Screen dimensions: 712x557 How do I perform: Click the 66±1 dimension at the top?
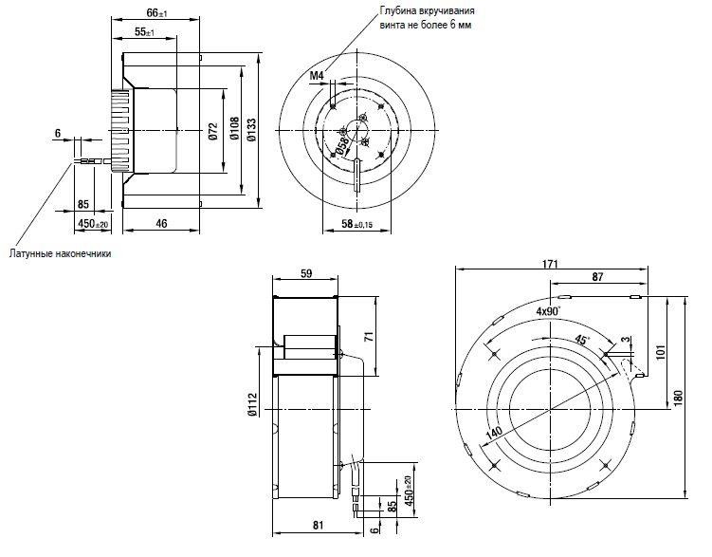(156, 12)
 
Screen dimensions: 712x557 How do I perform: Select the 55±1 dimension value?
(144, 32)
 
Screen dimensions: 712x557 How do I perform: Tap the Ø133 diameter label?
(251, 129)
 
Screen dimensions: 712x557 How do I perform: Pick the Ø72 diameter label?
(213, 131)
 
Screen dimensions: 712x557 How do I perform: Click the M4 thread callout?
(317, 75)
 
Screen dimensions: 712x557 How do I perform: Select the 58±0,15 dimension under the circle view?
(356, 224)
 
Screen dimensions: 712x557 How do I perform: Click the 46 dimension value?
(162, 223)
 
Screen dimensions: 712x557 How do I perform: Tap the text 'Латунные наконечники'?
(60, 253)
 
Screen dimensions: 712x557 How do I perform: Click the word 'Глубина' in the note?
(398, 10)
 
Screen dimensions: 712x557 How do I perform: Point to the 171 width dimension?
(550, 264)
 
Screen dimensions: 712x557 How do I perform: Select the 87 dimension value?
(598, 277)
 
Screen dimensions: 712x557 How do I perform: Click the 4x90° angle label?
(548, 311)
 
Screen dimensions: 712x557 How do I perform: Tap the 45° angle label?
(582, 340)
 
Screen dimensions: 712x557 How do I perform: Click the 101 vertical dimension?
(660, 352)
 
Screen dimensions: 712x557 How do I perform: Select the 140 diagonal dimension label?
(494, 433)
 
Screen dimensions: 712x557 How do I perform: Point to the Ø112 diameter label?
(252, 404)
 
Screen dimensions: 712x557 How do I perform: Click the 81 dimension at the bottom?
(319, 525)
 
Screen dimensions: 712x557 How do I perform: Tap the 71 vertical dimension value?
(369, 337)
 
